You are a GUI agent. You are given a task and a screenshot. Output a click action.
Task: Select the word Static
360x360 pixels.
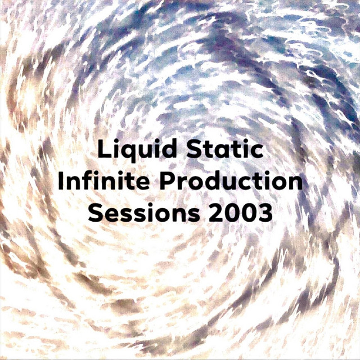pos(225,149)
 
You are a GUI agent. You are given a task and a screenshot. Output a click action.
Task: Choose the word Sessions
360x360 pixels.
pos(144,213)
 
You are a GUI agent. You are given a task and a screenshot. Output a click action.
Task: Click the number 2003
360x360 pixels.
pos(240,213)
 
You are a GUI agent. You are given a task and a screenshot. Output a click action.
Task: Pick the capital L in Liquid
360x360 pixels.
pos(103,148)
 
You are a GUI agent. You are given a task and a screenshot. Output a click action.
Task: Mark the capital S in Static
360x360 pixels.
pos(194,149)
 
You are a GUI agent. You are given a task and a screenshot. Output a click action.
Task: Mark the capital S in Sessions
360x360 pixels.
pos(96,213)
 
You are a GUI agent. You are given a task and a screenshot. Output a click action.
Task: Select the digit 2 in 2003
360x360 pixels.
pos(215,213)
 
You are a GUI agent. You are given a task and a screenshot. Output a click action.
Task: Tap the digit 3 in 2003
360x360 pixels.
pos(265,213)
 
